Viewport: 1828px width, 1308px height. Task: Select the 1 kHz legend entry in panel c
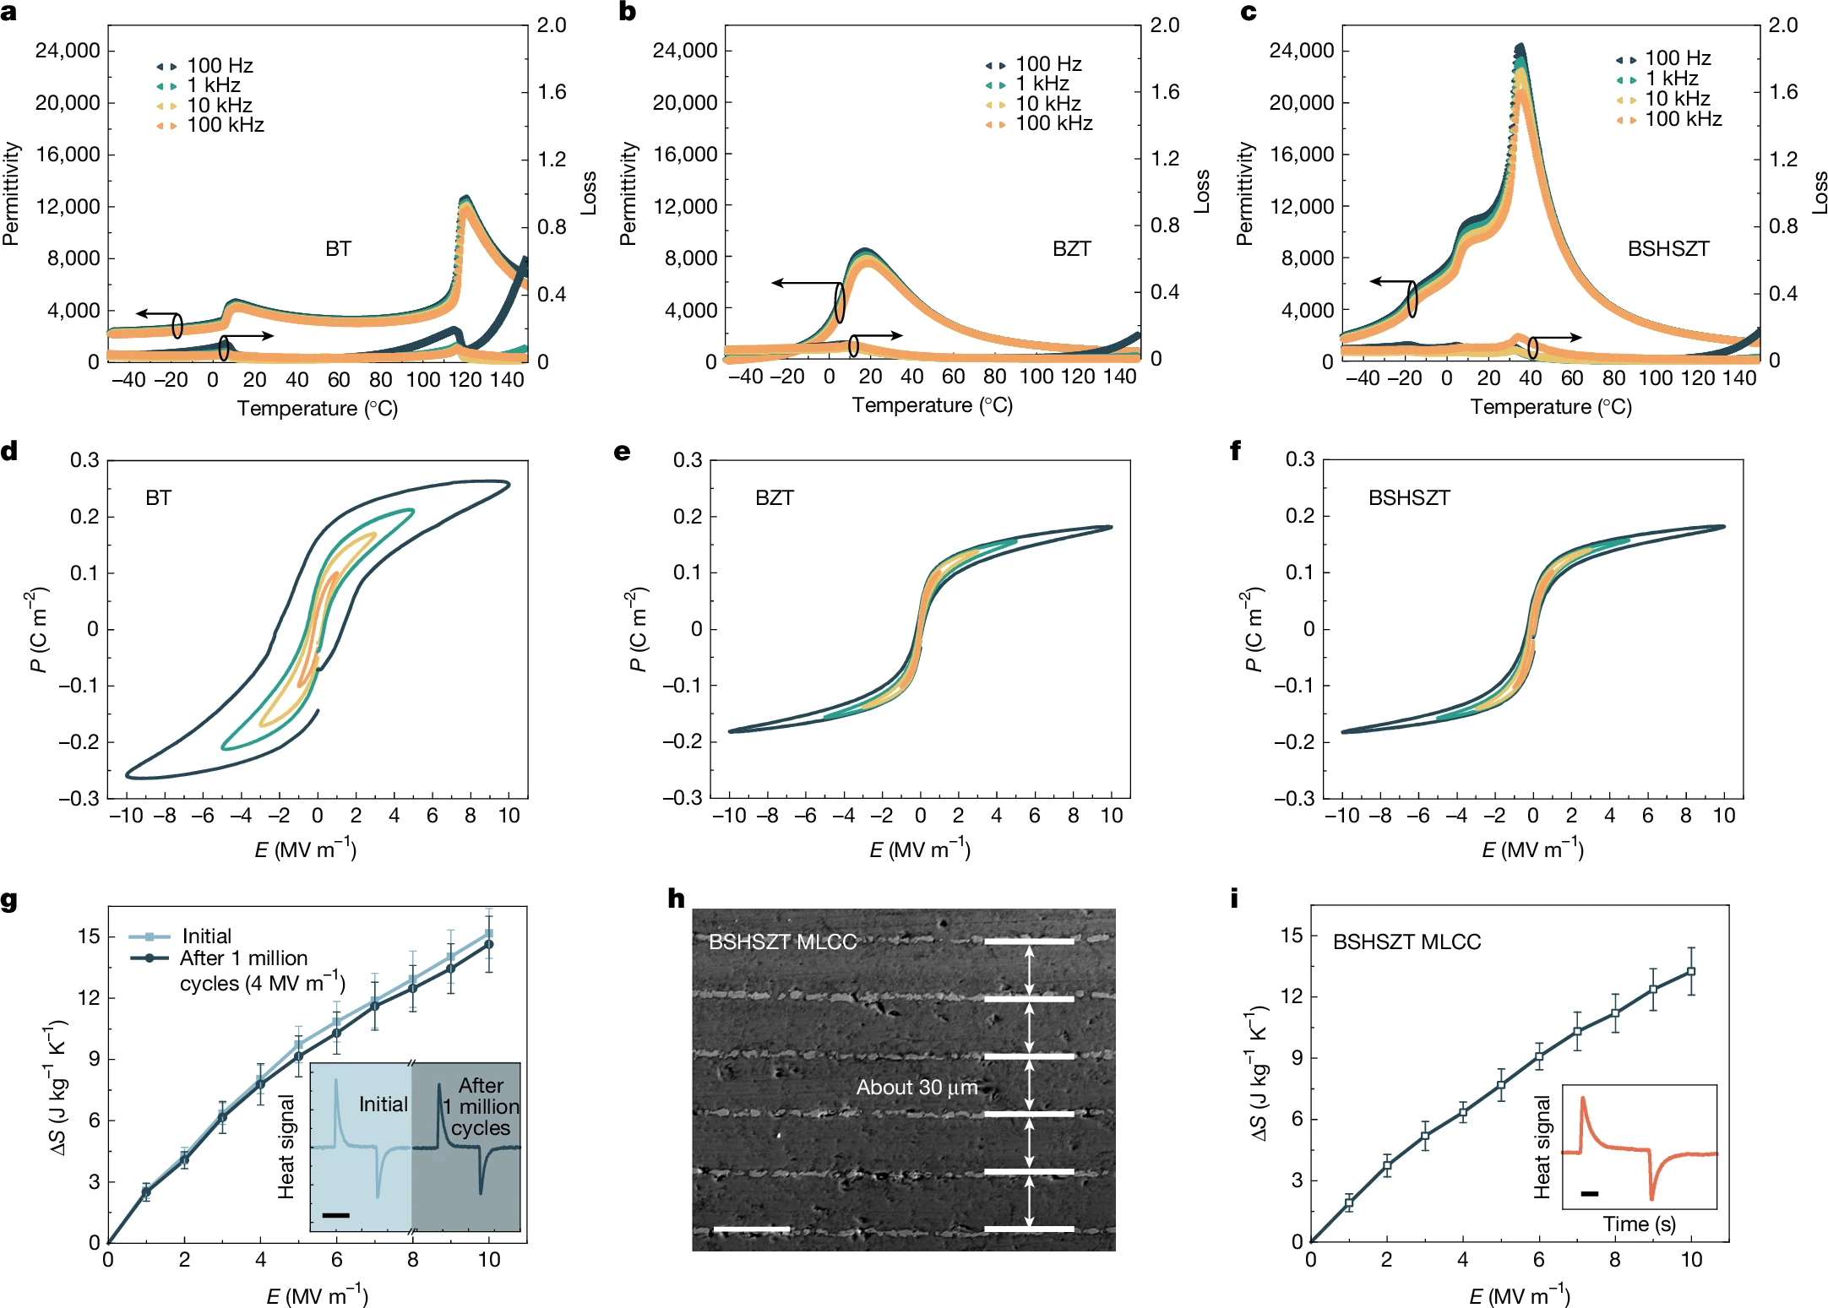pyautogui.click(x=1670, y=79)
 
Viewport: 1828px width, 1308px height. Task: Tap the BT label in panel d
pyautogui.click(x=159, y=498)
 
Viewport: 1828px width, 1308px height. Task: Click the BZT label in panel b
pyautogui.click(x=1071, y=249)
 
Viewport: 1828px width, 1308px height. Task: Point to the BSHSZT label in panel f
pyautogui.click(x=1409, y=498)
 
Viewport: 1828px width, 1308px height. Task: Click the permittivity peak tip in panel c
pyautogui.click(x=1521, y=47)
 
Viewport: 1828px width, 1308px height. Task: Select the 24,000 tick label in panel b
pyautogui.click(x=684, y=51)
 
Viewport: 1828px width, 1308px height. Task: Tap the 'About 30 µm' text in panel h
pyautogui.click(x=917, y=1088)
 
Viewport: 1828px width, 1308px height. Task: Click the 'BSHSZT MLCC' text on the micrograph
pyautogui.click(x=782, y=942)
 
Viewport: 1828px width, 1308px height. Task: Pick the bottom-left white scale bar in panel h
pyautogui.click(x=751, y=1229)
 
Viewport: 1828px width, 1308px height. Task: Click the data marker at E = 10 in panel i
pyautogui.click(x=1690, y=972)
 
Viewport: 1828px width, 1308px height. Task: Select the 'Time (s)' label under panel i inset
pyautogui.click(x=1639, y=1224)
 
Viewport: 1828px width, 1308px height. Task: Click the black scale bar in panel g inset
pyautogui.click(x=335, y=1215)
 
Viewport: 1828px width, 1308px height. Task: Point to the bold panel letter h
pyautogui.click(x=676, y=898)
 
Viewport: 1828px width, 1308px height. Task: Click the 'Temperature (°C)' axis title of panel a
pyautogui.click(x=318, y=409)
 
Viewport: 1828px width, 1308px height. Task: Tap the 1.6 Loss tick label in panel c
pyautogui.click(x=1783, y=92)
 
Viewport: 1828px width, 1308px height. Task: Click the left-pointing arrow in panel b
pyautogui.click(x=802, y=283)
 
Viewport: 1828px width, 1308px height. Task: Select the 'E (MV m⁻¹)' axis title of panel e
pyautogui.click(x=920, y=849)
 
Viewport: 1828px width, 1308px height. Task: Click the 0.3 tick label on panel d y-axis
pyautogui.click(x=84, y=460)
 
